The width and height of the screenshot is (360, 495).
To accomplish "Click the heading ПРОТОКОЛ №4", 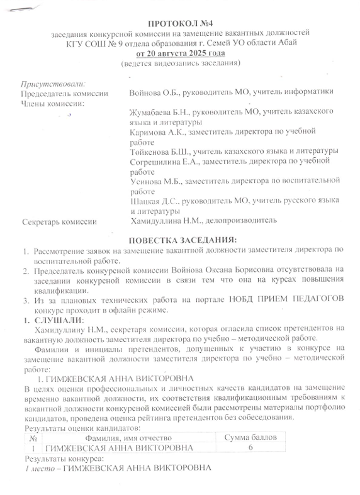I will point(181,23).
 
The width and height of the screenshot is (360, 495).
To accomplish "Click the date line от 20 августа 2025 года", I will point(180,53).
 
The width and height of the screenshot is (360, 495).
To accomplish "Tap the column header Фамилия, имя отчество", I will point(129,437).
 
